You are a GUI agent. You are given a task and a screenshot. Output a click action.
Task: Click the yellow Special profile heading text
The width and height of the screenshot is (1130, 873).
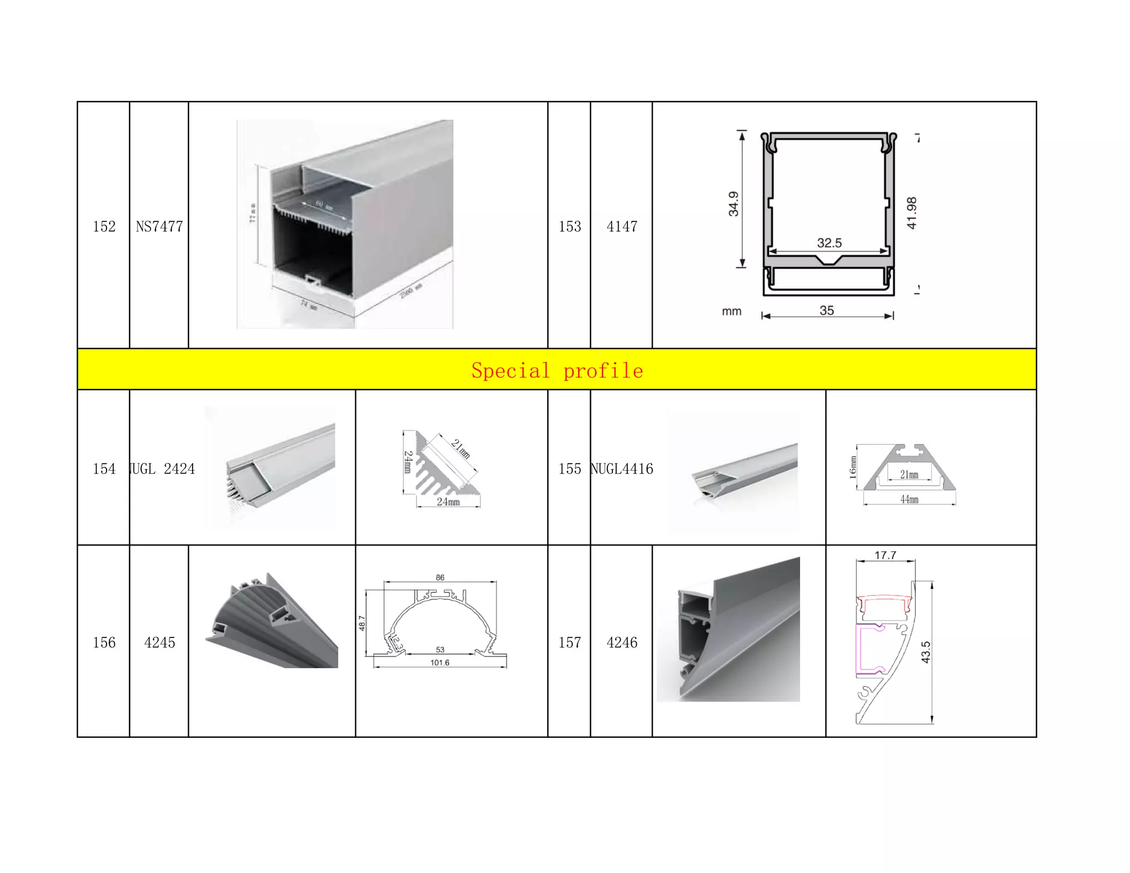[557, 370]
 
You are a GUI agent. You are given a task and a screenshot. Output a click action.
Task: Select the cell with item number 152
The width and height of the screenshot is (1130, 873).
[104, 226]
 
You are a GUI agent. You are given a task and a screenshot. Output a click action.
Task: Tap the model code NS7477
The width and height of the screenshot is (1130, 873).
[159, 226]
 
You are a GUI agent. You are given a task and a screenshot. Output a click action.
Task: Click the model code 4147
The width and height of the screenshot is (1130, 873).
[621, 226]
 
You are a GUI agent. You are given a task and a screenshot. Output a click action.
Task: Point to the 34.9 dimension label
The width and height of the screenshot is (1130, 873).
[733, 204]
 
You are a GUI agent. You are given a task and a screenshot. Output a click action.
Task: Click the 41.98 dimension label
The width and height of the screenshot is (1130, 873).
[912, 212]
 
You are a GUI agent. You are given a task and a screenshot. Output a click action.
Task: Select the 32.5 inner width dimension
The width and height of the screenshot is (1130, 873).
[829, 243]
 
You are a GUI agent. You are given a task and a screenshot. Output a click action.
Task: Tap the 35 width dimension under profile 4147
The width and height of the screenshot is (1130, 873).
[826, 310]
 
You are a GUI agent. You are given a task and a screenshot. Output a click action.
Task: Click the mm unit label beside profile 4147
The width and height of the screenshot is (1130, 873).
[731, 311]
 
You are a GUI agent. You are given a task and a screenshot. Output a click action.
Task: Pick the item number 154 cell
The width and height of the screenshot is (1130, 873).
[104, 469]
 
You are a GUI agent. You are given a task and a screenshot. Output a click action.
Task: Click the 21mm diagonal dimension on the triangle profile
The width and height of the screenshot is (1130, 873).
[461, 449]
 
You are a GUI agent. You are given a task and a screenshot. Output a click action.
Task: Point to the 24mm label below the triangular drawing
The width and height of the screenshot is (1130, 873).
[447, 502]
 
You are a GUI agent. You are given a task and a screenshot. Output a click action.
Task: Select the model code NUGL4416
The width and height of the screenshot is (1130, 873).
[622, 469]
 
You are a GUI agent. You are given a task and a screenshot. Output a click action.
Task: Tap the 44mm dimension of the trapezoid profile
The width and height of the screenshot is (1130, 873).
[909, 499]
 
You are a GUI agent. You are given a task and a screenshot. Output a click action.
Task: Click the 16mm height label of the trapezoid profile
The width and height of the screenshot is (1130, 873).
[853, 467]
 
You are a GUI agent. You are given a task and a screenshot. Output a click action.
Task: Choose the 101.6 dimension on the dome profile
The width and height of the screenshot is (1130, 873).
[440, 662]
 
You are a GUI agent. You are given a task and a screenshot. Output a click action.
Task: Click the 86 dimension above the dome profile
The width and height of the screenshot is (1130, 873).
[440, 577]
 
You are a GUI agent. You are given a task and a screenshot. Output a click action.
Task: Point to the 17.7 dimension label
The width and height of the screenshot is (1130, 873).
[885, 555]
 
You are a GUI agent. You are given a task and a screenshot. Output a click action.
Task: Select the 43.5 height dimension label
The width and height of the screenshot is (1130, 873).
[925, 652]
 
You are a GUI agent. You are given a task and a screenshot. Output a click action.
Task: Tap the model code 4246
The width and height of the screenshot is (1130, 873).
[621, 642]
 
